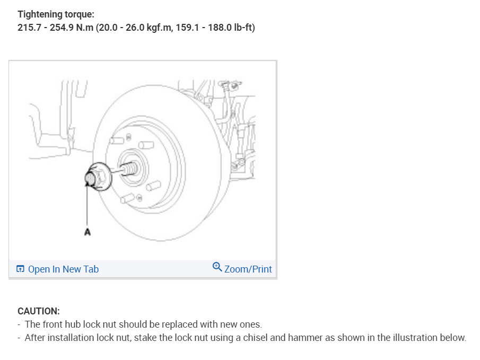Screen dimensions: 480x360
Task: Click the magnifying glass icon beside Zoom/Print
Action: pos(217,267)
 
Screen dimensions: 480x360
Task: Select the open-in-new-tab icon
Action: pos(20,269)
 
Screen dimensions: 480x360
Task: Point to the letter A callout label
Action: pos(87,232)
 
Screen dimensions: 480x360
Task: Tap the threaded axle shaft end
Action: pos(128,169)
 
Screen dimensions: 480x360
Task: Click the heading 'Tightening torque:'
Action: pos(56,14)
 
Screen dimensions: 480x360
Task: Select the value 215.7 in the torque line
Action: pos(29,28)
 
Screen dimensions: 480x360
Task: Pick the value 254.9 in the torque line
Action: pos(62,28)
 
